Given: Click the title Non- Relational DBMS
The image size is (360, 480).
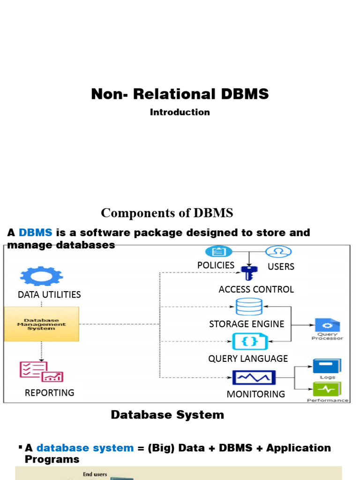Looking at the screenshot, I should click(x=180, y=94).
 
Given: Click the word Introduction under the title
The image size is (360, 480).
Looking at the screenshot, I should click(x=180, y=112).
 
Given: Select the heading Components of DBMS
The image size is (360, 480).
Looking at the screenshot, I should click(x=167, y=213).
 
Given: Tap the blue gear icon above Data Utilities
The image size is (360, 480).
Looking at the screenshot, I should click(x=42, y=276).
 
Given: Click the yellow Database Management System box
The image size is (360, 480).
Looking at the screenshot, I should click(x=42, y=324).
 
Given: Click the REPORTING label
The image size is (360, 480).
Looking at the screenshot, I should click(x=49, y=392).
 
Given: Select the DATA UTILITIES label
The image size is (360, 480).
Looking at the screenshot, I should click(x=49, y=294).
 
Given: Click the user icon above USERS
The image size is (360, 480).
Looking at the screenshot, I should click(x=278, y=252).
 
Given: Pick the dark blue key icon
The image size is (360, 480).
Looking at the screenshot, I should click(x=247, y=272).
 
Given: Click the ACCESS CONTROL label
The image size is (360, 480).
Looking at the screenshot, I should click(x=256, y=289).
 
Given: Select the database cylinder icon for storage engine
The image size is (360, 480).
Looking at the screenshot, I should click(x=248, y=307).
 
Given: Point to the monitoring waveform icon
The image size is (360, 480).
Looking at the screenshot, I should click(x=254, y=377).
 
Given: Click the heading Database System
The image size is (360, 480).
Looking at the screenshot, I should click(x=167, y=415).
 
